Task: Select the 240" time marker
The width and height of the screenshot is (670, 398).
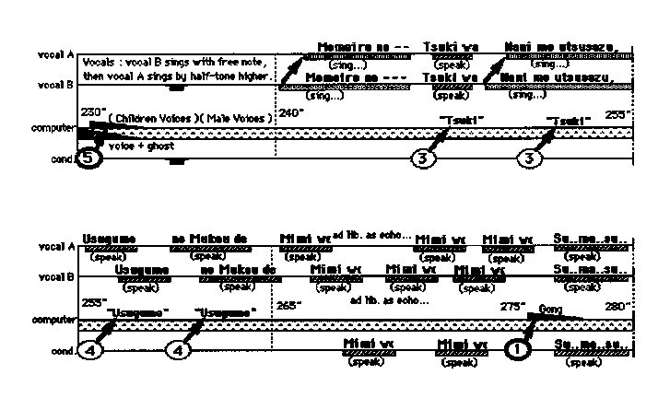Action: (x=290, y=114)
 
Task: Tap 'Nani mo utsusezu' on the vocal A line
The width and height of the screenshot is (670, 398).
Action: (x=560, y=47)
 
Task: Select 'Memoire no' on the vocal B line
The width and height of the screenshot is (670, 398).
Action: (x=345, y=77)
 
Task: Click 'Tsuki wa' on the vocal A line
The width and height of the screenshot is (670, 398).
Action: (x=451, y=47)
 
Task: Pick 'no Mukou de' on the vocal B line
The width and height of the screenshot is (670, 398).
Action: (x=239, y=269)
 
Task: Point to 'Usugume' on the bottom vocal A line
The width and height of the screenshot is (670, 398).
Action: (x=110, y=239)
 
